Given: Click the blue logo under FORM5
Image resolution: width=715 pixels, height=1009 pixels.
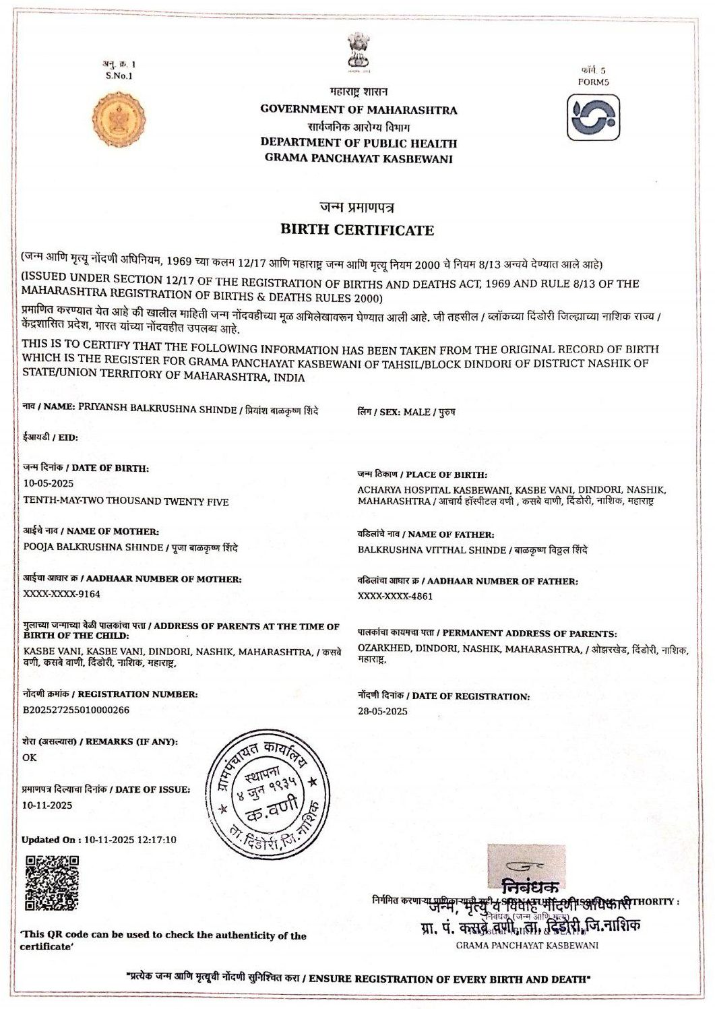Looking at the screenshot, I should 592,117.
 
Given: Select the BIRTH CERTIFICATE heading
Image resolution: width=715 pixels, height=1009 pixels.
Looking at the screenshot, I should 357,230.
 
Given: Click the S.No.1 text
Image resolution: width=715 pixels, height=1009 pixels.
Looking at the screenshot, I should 119,75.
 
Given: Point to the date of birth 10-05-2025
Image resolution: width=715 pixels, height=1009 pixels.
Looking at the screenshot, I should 49,483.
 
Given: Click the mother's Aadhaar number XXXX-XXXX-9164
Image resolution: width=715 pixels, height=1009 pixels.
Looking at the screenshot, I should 61,594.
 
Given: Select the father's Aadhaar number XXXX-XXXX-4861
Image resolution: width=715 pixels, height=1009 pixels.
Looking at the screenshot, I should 396,596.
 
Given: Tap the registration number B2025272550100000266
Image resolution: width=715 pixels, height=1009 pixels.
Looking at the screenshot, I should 76,710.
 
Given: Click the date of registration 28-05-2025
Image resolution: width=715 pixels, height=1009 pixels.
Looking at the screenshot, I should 383,711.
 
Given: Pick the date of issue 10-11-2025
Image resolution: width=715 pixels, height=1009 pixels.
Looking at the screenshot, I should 47,805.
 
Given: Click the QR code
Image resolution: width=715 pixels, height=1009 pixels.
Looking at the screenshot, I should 52,883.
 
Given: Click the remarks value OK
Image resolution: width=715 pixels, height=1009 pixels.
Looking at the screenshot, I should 30,757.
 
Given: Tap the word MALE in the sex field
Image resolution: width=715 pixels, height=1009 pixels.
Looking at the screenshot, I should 416,412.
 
